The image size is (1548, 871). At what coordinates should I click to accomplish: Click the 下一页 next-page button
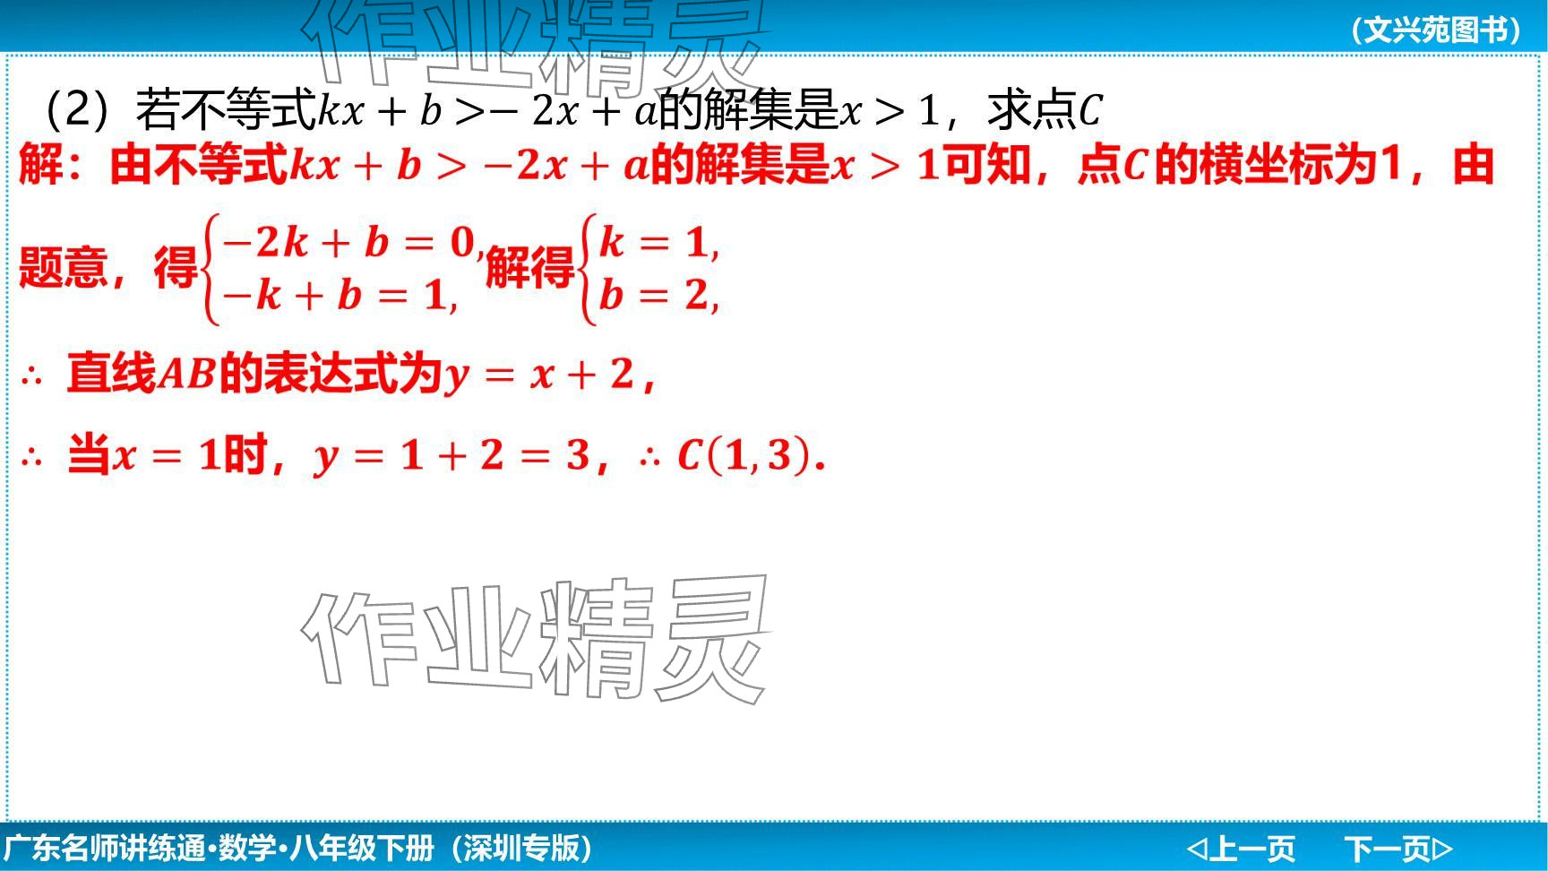(x=1397, y=848)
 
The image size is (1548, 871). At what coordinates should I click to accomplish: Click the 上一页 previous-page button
(x=1241, y=848)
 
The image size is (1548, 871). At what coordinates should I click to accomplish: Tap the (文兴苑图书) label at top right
(x=1435, y=30)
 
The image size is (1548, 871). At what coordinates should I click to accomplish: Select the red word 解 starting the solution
(x=41, y=166)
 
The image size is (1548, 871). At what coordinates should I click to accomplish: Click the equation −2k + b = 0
(x=349, y=243)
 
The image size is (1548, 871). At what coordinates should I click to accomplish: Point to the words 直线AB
(x=142, y=374)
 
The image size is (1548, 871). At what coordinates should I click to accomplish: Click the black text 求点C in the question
(x=1045, y=110)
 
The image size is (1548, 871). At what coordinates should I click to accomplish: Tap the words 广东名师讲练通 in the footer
(x=105, y=848)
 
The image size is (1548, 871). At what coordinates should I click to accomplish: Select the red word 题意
(x=63, y=267)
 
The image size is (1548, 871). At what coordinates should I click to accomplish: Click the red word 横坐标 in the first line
(x=1265, y=166)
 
